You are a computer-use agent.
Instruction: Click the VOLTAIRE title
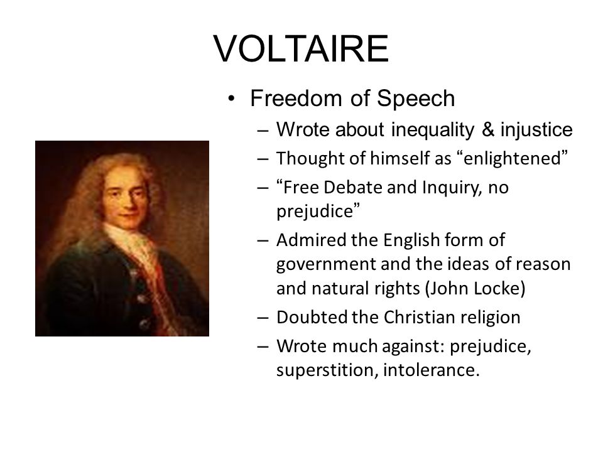[301, 48]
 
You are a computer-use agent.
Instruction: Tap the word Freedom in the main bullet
[296, 98]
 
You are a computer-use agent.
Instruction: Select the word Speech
[416, 99]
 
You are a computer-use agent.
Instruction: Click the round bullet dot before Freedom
[231, 99]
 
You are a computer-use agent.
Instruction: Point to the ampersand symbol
[487, 129]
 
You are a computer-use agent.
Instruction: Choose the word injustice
[536, 130]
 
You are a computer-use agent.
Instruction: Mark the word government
[327, 265]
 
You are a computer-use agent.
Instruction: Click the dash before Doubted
[263, 318]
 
